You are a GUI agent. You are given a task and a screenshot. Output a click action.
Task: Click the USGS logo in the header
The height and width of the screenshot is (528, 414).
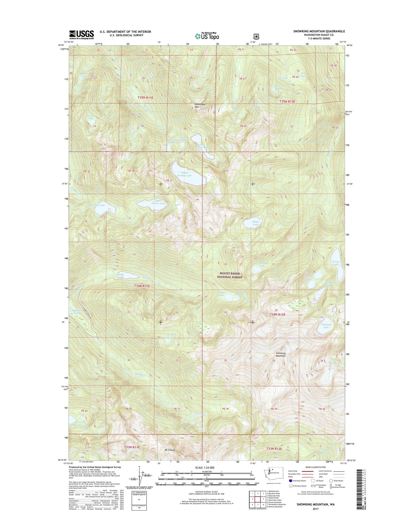point(81,35)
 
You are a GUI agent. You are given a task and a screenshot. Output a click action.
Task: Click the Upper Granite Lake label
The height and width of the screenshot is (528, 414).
point(184,174)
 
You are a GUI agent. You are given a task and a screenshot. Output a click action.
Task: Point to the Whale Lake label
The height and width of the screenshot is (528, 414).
point(255,223)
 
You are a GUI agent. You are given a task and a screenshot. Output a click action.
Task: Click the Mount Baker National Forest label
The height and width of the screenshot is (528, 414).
point(229,275)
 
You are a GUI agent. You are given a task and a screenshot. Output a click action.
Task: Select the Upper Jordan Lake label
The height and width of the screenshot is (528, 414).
point(158,202)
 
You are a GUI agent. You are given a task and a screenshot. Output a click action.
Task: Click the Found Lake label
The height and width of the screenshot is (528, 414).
point(335,263)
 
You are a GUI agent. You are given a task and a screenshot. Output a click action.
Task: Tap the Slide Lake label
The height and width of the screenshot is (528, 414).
point(121,276)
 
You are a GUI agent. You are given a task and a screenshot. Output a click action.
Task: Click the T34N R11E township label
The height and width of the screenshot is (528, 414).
point(142,286)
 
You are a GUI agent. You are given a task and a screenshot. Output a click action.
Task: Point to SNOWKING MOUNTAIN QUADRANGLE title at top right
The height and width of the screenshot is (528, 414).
point(319,31)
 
